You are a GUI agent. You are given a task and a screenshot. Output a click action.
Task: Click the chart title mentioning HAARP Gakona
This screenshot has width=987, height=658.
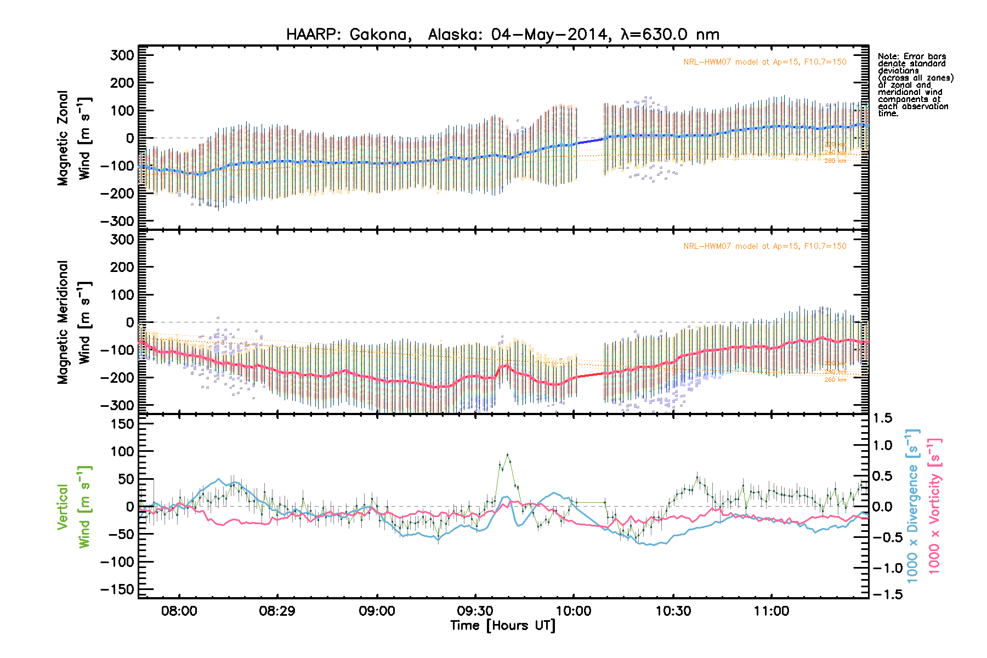click(x=502, y=35)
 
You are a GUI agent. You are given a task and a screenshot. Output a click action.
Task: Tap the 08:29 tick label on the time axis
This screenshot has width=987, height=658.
click(x=277, y=611)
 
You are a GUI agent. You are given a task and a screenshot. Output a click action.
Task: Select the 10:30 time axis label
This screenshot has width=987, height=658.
click(x=673, y=611)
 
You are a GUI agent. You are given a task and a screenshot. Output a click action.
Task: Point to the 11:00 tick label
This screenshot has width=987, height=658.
click(x=772, y=611)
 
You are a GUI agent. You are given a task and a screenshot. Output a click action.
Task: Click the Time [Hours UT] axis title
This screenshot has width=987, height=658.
click(x=502, y=626)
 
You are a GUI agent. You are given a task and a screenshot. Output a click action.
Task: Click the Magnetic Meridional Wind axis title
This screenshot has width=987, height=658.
click(x=73, y=322)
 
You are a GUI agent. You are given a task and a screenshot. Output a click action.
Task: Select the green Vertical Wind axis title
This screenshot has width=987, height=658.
click(x=73, y=507)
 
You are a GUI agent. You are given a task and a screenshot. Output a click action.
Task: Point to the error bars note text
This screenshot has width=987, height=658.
click(x=915, y=85)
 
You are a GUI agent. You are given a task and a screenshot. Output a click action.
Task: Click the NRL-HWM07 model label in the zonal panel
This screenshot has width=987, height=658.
click(x=764, y=62)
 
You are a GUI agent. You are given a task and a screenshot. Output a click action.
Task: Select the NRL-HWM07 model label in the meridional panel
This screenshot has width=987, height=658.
click(x=764, y=246)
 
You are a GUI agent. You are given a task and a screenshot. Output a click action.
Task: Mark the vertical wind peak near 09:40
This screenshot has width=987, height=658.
click(x=507, y=455)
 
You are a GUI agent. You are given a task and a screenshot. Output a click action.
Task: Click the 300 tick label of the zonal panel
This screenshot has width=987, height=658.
click(x=122, y=55)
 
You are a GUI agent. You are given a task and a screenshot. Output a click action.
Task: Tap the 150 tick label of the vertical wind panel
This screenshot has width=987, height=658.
click(x=122, y=424)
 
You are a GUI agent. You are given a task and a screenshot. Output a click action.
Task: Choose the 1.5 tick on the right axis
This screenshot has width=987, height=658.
click(x=882, y=418)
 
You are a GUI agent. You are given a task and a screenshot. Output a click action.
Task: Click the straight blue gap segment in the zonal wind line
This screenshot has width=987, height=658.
click(x=590, y=141)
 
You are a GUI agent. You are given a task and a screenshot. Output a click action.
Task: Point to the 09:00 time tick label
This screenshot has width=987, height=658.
click(x=377, y=611)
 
